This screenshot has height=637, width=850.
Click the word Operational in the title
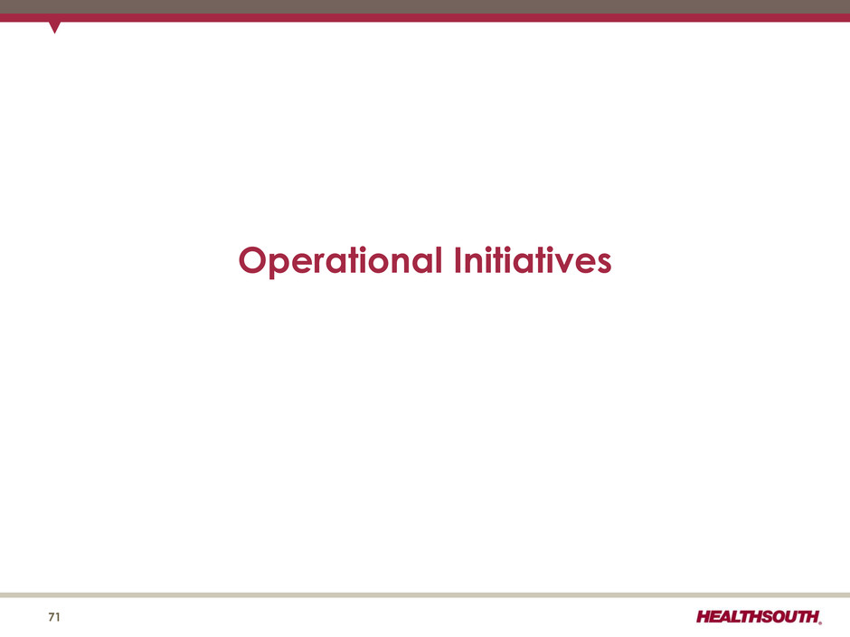[340, 261]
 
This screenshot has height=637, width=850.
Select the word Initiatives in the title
[533, 259]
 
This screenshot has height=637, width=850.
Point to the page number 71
[54, 617]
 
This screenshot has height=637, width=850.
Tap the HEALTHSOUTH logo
[759, 617]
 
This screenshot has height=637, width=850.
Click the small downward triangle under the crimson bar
[54, 27]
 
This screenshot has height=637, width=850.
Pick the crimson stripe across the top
[425, 18]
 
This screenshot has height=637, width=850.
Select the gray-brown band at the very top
[425, 6]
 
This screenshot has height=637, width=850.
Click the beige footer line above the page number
[425, 595]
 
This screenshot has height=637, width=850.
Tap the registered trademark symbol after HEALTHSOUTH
[820, 623]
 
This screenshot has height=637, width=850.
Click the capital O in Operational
[254, 260]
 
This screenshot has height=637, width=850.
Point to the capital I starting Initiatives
[458, 259]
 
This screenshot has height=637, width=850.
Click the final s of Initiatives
[603, 263]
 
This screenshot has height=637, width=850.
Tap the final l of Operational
[439, 259]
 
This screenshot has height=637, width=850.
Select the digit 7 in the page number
[51, 617]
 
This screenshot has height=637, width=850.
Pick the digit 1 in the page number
[58, 617]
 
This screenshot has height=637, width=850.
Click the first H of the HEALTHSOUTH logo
[704, 617]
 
